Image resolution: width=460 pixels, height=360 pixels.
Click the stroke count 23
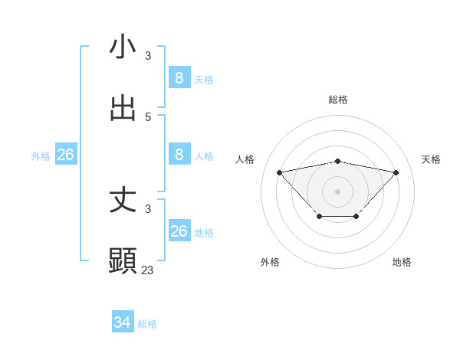[148, 270]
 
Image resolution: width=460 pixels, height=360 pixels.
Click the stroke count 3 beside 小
[148, 55]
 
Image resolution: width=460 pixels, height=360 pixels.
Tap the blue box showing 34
[123, 323]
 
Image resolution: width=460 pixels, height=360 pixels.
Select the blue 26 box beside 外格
[65, 155]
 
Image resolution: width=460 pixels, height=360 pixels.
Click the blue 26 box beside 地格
[179, 231]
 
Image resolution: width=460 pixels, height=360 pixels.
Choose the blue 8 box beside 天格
[179, 78]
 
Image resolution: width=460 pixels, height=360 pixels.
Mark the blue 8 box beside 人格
[179, 155]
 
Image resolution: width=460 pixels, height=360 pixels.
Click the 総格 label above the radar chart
[338, 100]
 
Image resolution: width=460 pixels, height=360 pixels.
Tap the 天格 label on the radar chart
[432, 159]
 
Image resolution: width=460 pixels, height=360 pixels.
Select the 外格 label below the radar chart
[270, 262]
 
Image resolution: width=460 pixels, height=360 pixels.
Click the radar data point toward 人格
[279, 172]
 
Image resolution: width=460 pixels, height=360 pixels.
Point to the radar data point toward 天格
[396, 172]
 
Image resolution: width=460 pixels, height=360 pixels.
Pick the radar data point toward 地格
[356, 217]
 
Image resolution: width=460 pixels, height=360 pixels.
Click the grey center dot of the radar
[338, 191]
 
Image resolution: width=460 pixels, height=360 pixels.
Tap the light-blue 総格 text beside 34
[147, 324]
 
